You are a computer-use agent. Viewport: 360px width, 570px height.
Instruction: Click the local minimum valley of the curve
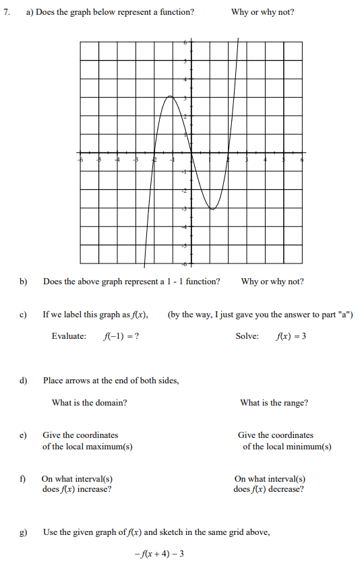click(x=212, y=209)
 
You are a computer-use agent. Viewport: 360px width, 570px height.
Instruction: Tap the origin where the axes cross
click(x=191, y=153)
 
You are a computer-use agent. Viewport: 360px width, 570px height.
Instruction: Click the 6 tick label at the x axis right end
click(x=301, y=160)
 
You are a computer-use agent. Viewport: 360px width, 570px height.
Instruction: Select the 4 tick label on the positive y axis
click(x=187, y=80)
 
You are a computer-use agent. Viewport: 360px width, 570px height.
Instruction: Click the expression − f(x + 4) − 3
click(x=160, y=554)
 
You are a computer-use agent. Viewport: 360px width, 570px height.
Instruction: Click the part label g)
click(x=23, y=532)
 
